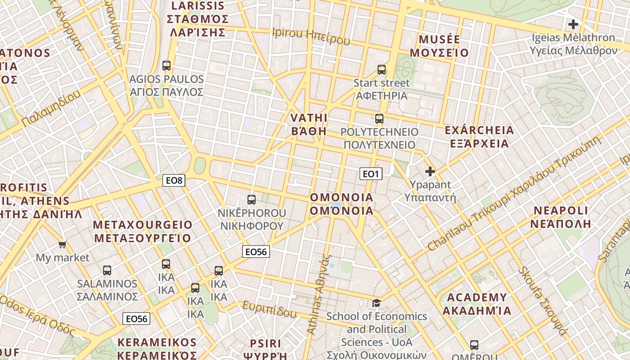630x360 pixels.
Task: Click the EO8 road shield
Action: (x=174, y=181)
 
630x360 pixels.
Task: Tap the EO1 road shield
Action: (x=371, y=174)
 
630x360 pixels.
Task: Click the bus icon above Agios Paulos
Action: (x=166, y=66)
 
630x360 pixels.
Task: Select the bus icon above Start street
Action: (x=382, y=70)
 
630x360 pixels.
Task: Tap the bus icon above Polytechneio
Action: (x=379, y=119)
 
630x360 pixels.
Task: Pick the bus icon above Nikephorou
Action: (x=252, y=200)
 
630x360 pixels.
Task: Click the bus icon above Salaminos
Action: (x=107, y=270)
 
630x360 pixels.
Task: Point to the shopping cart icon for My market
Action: (x=62, y=245)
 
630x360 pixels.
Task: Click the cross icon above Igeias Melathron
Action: (x=573, y=24)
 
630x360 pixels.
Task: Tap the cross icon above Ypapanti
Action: (x=430, y=171)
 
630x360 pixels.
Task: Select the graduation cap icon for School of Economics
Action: (x=376, y=303)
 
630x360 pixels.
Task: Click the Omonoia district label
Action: (x=342, y=204)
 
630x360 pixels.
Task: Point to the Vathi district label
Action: (x=309, y=124)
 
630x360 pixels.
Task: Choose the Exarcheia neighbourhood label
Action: (x=479, y=137)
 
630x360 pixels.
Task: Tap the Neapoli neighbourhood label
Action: (x=561, y=217)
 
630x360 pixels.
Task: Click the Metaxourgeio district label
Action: (x=143, y=231)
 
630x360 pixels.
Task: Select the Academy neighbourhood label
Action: (x=477, y=304)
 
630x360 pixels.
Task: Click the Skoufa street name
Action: (x=542, y=301)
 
